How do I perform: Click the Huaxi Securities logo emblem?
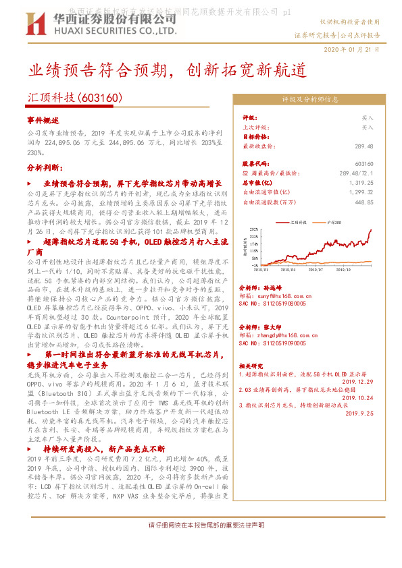(x=41, y=24)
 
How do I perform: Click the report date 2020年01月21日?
(x=351, y=50)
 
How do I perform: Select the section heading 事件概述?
(x=43, y=119)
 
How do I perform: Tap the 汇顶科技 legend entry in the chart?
(x=298, y=221)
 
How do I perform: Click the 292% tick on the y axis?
(x=253, y=229)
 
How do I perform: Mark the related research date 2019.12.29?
(x=359, y=381)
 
